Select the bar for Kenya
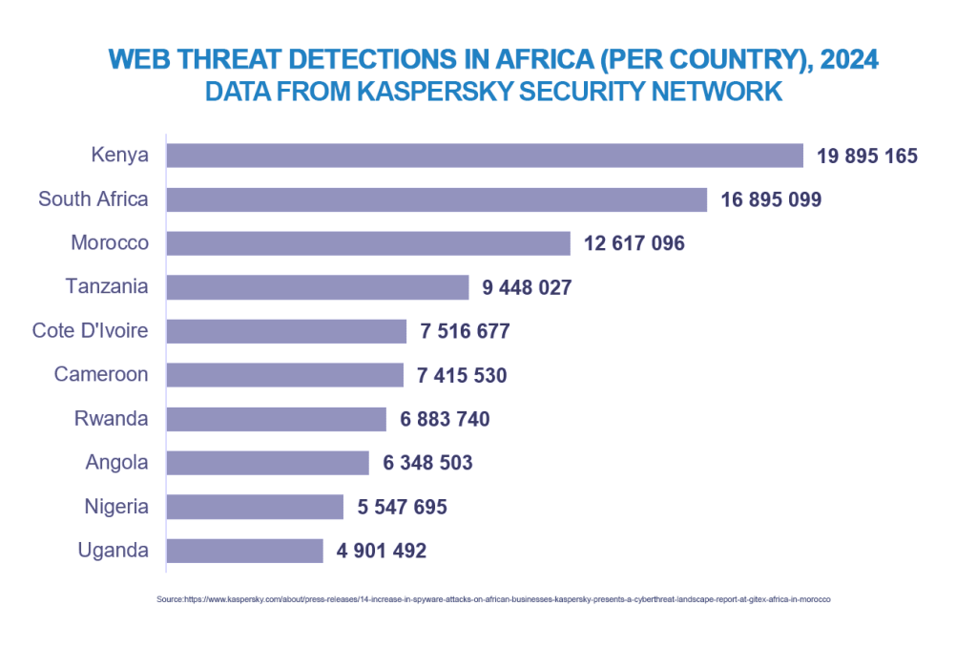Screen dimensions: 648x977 point(485,156)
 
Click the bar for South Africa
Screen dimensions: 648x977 point(436,199)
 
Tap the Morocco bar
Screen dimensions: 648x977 point(368,243)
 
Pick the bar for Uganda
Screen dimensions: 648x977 point(245,551)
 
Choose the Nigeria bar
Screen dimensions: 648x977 point(255,507)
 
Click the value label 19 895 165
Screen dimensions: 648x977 point(867,156)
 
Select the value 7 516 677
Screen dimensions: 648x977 point(465,331)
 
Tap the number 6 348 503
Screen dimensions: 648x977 point(427,463)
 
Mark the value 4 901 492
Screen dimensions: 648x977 point(382,551)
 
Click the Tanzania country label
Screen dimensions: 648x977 point(107,286)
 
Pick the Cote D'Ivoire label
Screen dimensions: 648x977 point(91,330)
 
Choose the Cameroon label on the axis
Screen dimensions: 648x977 point(101,374)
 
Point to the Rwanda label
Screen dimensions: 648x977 point(112,418)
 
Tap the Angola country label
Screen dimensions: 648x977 point(116,462)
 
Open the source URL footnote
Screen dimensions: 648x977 point(494,599)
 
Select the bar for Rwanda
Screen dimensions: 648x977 point(276,419)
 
